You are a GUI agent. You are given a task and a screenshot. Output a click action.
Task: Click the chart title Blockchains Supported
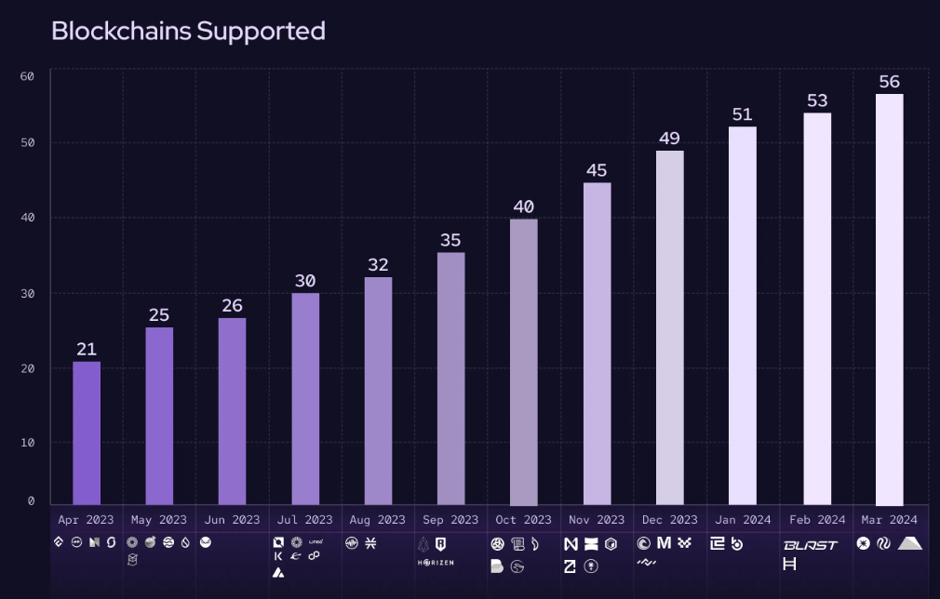pos(188,31)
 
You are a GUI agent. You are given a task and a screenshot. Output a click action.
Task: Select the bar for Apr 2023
pos(87,433)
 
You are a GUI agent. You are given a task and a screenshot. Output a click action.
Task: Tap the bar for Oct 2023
pos(524,362)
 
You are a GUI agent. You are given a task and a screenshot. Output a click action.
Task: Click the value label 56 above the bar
pos(889,82)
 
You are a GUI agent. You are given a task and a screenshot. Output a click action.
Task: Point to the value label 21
pos(87,349)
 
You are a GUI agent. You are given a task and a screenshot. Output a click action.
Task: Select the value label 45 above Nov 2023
pos(597,170)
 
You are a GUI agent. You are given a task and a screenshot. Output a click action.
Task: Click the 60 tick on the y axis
pos(27,76)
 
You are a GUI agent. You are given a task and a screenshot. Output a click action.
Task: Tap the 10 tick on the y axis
pos(27,443)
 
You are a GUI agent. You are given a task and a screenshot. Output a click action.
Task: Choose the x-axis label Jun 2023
pos(232,520)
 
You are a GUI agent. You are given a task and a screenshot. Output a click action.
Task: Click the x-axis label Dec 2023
pos(669,520)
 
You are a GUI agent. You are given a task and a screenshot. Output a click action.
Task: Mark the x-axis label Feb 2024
pos(816,520)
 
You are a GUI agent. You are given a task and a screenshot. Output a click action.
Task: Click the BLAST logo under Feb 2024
pos(810,545)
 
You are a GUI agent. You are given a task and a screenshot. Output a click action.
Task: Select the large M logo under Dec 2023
pos(664,543)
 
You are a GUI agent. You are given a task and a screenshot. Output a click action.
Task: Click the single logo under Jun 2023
pos(206,543)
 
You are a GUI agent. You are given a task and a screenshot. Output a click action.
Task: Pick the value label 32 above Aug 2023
pos(378,265)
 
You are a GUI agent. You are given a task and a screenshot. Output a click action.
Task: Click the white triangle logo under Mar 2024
pos(910,543)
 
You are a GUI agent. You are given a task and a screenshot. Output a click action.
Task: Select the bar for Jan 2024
pos(743,315)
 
